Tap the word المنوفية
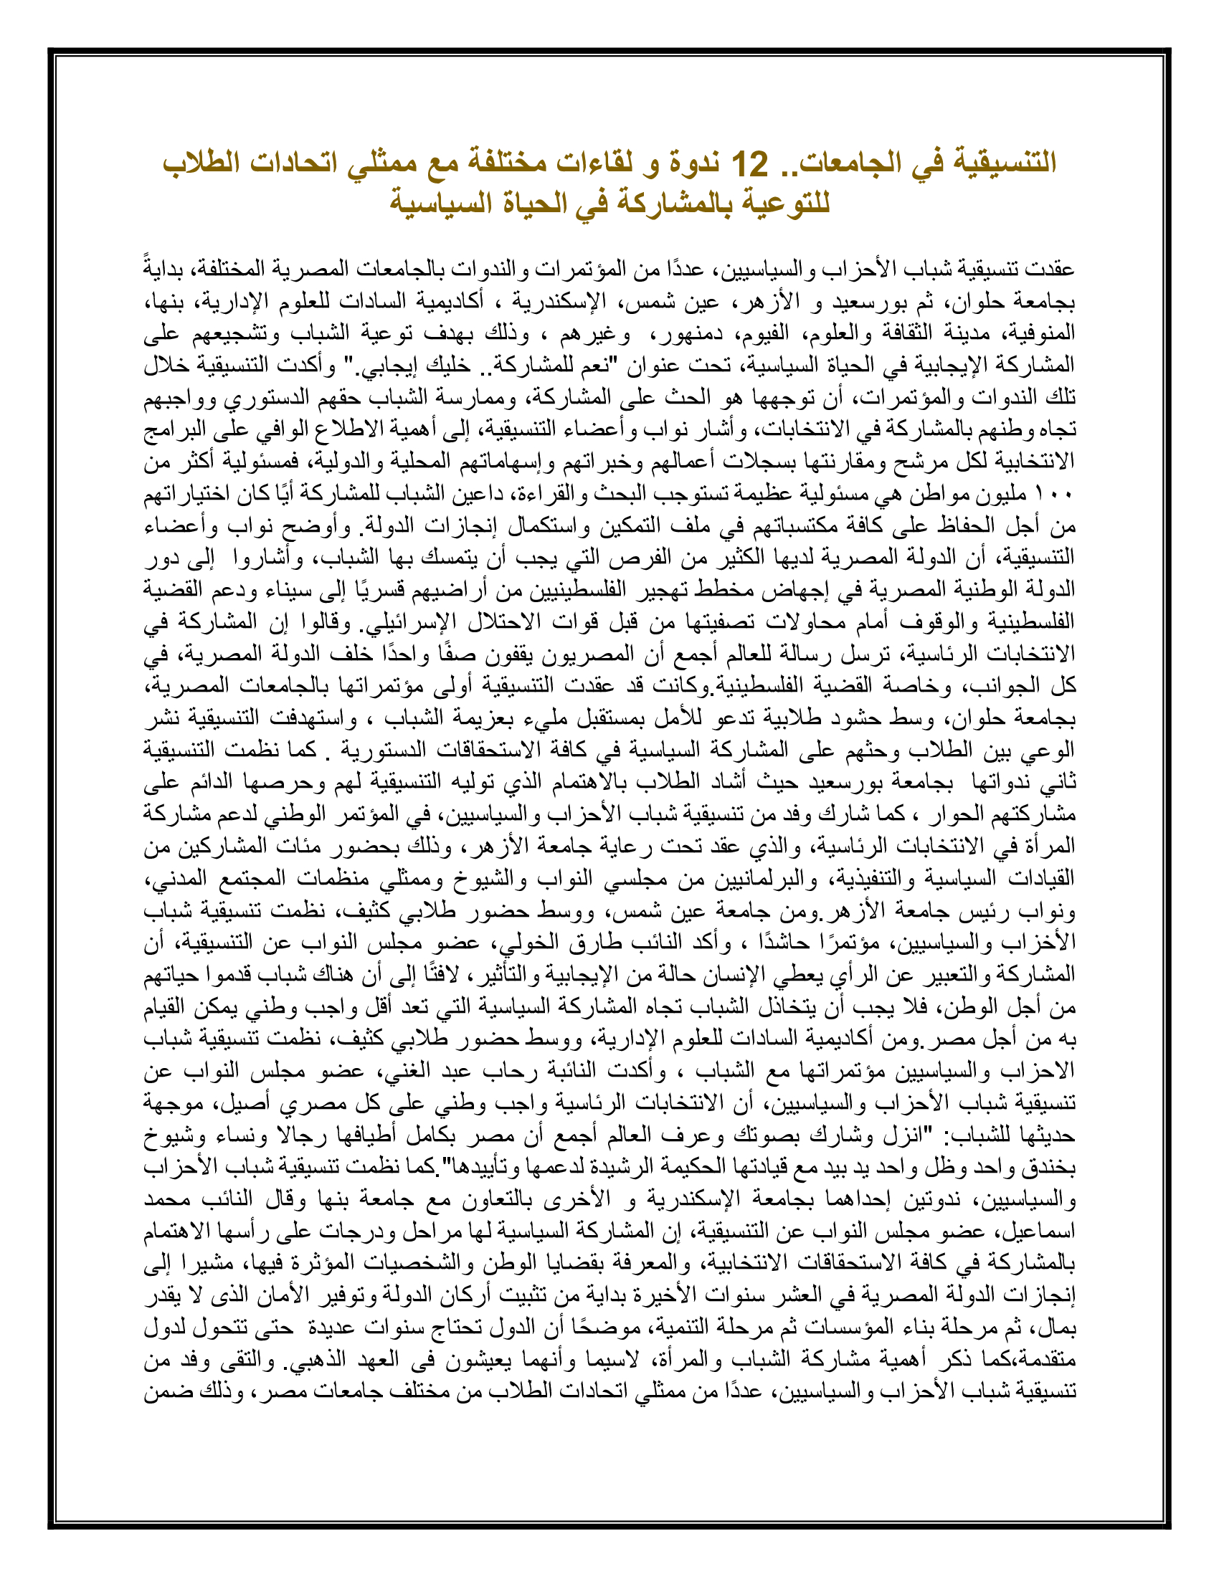click(x=1040, y=333)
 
